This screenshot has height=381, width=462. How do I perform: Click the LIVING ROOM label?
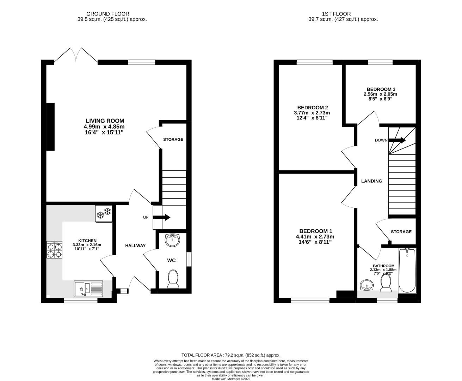(105, 121)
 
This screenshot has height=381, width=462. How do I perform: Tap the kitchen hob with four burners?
(54, 250)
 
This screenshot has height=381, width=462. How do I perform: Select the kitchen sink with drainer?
(88, 289)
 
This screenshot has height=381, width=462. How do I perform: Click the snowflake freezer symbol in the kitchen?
(104, 213)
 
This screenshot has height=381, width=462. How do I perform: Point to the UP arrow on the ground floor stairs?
(162, 217)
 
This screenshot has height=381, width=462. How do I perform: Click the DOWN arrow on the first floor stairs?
(397, 140)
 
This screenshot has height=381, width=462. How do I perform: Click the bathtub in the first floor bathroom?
(407, 271)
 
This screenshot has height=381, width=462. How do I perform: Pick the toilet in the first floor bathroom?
(386, 284)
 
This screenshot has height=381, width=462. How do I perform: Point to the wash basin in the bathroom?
(367, 285)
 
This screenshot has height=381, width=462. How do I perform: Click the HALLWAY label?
(135, 246)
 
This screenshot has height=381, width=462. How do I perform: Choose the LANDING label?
(371, 181)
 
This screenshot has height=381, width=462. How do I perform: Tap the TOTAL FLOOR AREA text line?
(231, 355)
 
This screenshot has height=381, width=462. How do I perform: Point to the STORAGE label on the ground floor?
(173, 139)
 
